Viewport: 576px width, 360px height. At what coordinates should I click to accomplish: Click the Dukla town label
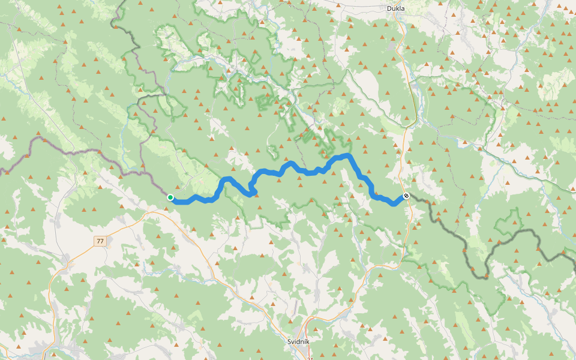pos(395,8)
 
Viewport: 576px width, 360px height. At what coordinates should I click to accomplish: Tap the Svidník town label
pos(298,341)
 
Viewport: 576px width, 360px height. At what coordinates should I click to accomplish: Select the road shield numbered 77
pos(100,241)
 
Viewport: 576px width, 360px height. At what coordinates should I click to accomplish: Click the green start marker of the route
pos(170,197)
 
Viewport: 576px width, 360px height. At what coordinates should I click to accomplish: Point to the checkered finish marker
pos(406,196)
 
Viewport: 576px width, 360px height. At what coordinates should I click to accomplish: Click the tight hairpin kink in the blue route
pos(253,191)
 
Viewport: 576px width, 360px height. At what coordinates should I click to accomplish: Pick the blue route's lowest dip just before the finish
pos(394,203)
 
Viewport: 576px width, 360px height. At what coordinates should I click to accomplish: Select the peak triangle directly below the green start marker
pos(167,208)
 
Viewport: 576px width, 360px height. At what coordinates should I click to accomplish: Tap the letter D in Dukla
pos(388,8)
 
